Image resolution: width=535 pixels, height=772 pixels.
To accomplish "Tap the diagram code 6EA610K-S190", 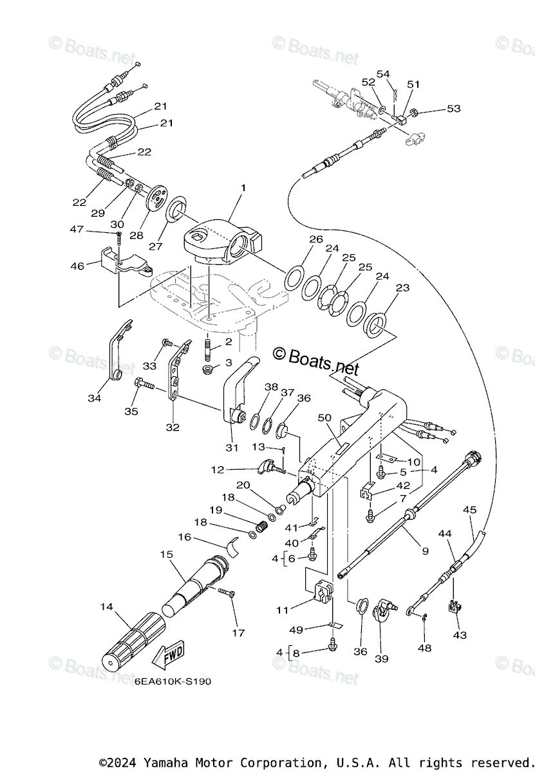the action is tap(173, 681).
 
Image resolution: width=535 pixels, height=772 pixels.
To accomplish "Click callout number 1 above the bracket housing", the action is tap(243, 188).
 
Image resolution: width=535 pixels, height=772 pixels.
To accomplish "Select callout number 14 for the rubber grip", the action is tap(107, 607).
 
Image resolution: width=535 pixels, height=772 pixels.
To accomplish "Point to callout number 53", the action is tap(454, 108).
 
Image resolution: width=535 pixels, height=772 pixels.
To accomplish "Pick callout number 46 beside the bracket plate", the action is tap(77, 266).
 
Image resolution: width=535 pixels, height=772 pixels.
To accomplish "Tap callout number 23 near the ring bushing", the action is tap(402, 287).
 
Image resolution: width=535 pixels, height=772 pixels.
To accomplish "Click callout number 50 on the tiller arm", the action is tap(324, 418).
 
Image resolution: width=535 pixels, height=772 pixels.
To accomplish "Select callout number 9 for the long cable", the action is tap(426, 551).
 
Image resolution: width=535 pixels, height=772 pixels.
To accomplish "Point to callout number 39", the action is tap(382, 659).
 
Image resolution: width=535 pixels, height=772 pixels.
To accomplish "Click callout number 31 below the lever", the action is tap(232, 448).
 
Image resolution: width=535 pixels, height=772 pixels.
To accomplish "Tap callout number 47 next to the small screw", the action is tap(77, 229).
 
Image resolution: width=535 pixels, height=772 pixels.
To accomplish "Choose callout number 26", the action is tap(316, 239).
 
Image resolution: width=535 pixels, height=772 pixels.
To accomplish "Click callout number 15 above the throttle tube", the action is tap(167, 554).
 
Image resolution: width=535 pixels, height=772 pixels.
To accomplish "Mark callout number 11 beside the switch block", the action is tap(282, 610).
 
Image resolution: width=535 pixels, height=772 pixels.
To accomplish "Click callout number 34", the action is tap(94, 398).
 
